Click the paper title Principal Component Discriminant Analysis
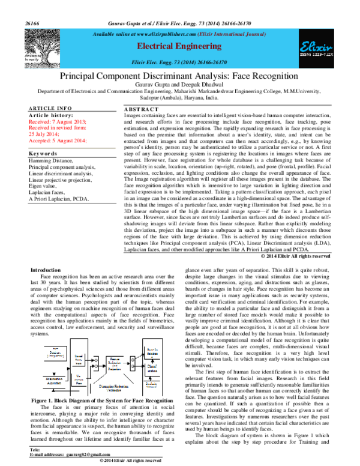pos(179,77)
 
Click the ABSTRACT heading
pos(141,108)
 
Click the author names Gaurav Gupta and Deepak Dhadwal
pos(179,88)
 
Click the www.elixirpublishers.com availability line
pos(179,35)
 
